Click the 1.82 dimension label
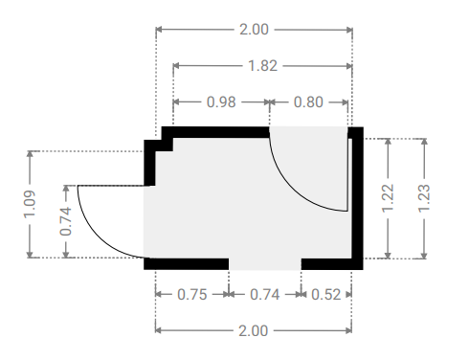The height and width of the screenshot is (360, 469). point(262,66)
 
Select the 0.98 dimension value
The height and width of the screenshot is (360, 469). point(221,102)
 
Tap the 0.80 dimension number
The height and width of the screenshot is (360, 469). point(308,102)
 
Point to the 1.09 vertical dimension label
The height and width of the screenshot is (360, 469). point(30,204)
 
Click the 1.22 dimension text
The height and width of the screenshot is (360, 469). point(388,198)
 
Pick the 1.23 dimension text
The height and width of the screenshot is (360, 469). point(424,198)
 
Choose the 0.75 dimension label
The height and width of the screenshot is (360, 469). point(192,294)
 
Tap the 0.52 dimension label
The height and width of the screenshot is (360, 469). point(326,294)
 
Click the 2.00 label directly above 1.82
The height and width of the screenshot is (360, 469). point(254,30)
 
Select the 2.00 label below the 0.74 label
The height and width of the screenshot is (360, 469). point(254,330)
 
